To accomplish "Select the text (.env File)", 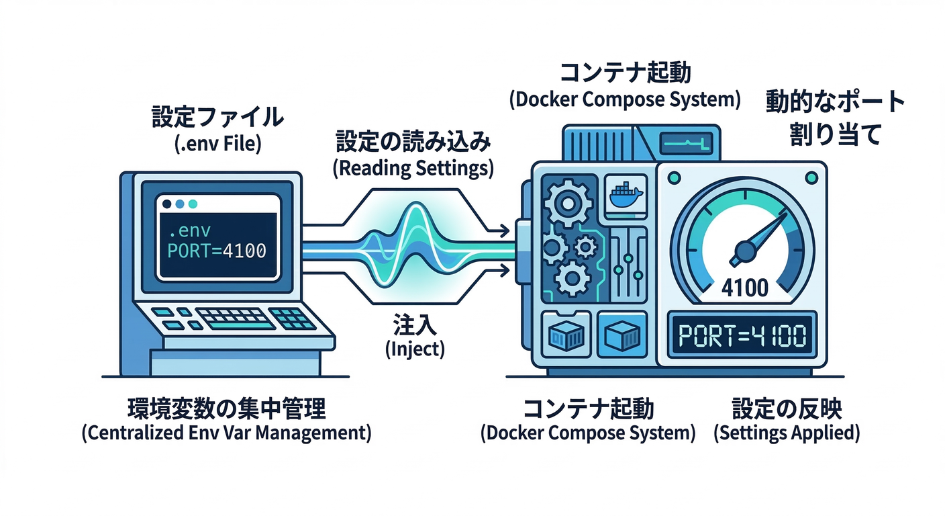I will tap(216, 143).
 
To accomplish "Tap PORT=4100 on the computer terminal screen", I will tap(217, 251).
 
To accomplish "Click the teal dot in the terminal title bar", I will tap(194, 204).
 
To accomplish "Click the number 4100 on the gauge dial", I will tap(745, 288).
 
